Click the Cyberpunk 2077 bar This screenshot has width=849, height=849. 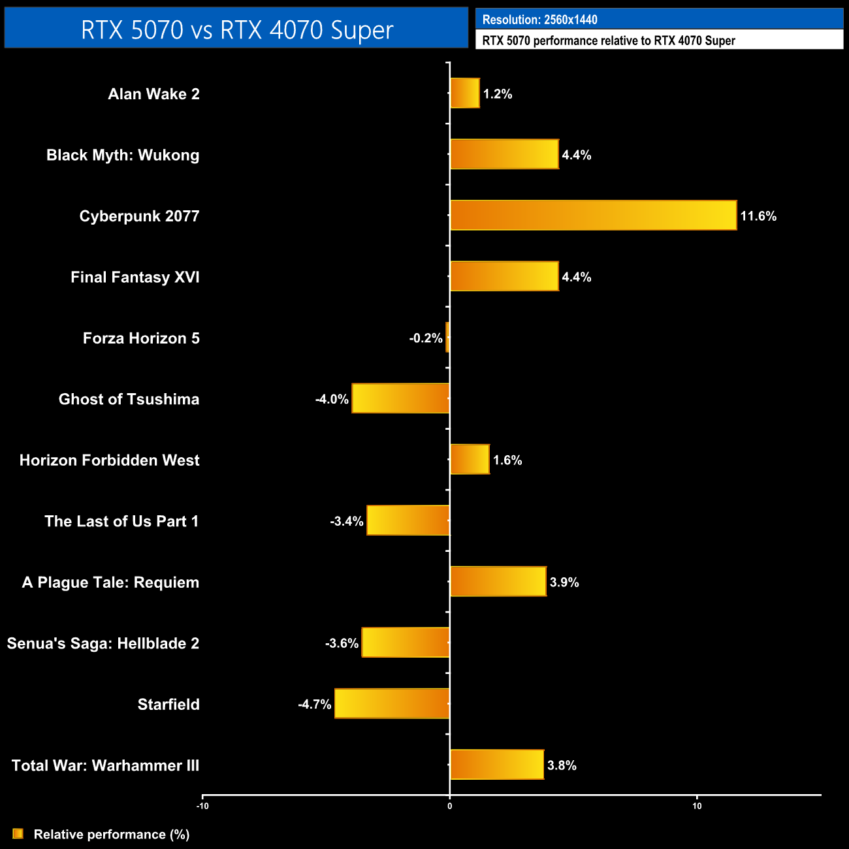[x=593, y=216]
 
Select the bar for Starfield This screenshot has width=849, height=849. [x=392, y=703]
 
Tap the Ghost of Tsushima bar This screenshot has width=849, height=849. [x=400, y=398]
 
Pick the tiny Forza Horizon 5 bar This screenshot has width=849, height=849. [x=447, y=338]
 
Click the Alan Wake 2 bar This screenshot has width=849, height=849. [x=464, y=93]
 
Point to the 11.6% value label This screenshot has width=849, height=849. [x=758, y=216]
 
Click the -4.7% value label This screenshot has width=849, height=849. [x=315, y=705]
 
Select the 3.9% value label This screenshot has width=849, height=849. [x=564, y=583]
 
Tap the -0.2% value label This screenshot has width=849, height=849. [x=426, y=338]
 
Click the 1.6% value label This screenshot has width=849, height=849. [x=507, y=460]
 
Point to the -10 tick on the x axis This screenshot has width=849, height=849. [x=202, y=806]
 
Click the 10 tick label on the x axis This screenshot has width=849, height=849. [x=697, y=806]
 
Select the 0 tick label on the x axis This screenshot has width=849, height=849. [x=449, y=806]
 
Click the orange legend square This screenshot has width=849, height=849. [x=18, y=834]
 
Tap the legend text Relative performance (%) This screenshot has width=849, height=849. [x=112, y=835]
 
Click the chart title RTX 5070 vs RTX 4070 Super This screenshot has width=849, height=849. [x=236, y=30]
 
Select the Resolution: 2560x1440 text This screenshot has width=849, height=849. [x=539, y=20]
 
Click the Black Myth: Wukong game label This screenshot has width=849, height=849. [x=123, y=155]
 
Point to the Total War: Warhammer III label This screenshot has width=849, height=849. [x=105, y=765]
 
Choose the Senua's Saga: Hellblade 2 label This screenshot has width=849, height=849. [x=103, y=643]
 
